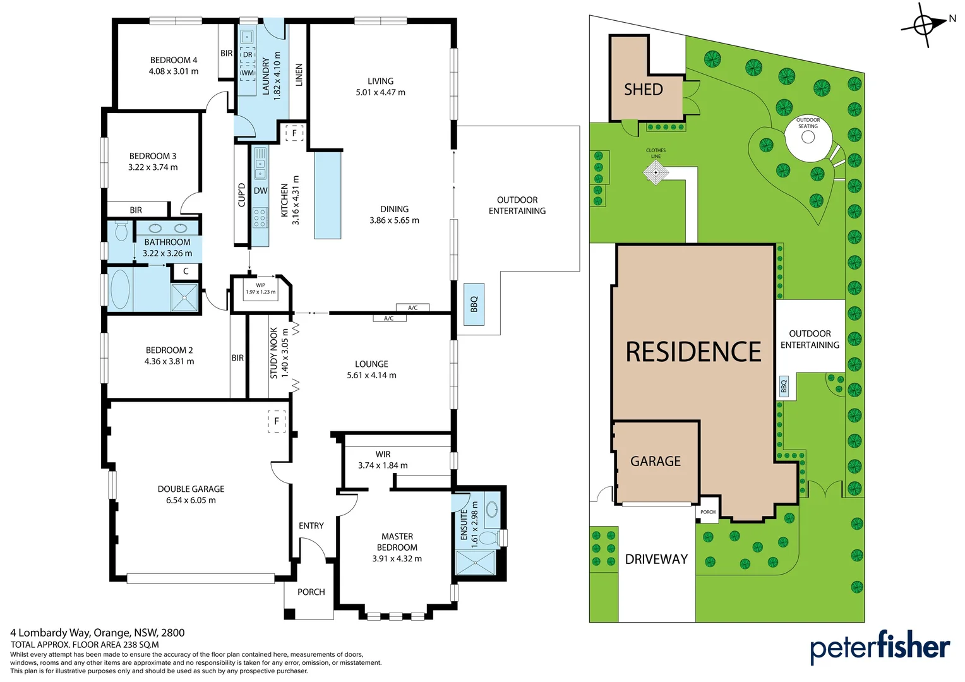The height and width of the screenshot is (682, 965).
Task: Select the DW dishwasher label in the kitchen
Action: [x=260, y=191]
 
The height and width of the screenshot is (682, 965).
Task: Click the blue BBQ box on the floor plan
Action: [x=474, y=304]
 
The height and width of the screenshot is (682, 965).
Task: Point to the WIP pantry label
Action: [x=260, y=285]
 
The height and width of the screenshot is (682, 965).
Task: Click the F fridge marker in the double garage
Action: [x=277, y=421]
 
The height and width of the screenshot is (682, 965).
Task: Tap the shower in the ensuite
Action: [x=476, y=563]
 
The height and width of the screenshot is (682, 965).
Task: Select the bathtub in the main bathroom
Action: [x=120, y=290]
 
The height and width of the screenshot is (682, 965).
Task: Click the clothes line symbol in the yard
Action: [x=656, y=172]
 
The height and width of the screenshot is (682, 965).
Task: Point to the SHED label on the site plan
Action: [x=644, y=90]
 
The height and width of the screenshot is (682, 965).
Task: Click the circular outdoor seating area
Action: [x=808, y=136]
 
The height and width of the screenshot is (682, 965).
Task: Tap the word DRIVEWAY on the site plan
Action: [x=656, y=559]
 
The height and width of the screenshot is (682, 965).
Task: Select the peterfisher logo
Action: [x=880, y=647]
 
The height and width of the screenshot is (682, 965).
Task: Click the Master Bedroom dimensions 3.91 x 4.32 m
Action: [x=397, y=559]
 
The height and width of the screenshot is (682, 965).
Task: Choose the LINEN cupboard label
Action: [x=299, y=75]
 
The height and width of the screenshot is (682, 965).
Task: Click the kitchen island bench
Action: [x=328, y=194]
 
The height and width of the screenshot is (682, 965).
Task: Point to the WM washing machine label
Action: [x=248, y=73]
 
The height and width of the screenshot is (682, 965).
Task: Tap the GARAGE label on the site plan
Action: [x=656, y=462]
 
